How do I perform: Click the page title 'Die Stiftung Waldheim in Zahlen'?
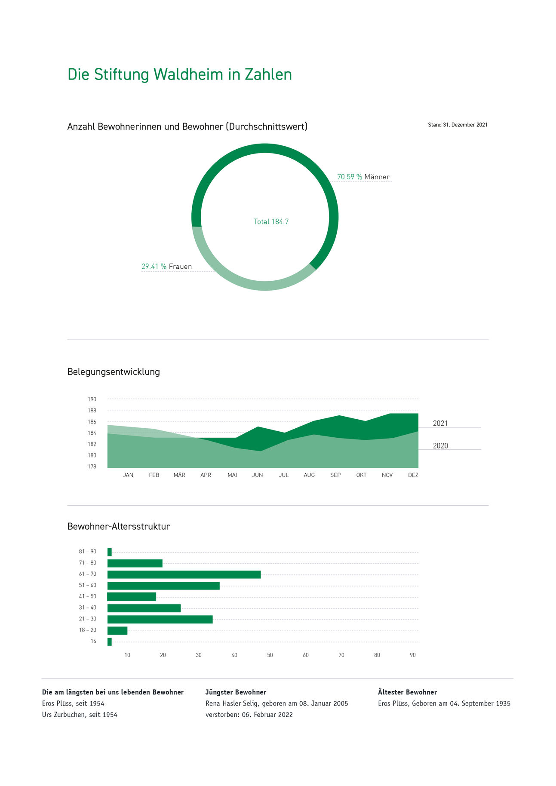179,74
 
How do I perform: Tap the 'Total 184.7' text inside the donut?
271,222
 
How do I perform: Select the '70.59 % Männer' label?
363,177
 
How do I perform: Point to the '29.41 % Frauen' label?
166,267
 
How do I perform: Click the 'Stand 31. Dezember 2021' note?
458,125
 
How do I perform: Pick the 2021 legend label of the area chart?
440,424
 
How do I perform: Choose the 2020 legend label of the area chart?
440,446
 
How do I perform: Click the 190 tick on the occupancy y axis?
92,399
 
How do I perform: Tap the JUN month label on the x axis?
258,475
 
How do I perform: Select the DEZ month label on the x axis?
413,475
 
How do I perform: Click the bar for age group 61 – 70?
184,574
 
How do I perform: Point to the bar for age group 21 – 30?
160,619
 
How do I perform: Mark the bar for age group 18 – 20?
117,630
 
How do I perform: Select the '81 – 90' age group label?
87,552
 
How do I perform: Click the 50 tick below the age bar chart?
270,655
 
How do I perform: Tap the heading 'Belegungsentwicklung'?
114,372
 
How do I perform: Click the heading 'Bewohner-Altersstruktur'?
118,527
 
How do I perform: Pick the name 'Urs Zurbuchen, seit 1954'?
80,715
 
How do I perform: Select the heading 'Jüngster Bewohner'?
236,692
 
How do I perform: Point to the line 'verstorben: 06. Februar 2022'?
249,715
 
